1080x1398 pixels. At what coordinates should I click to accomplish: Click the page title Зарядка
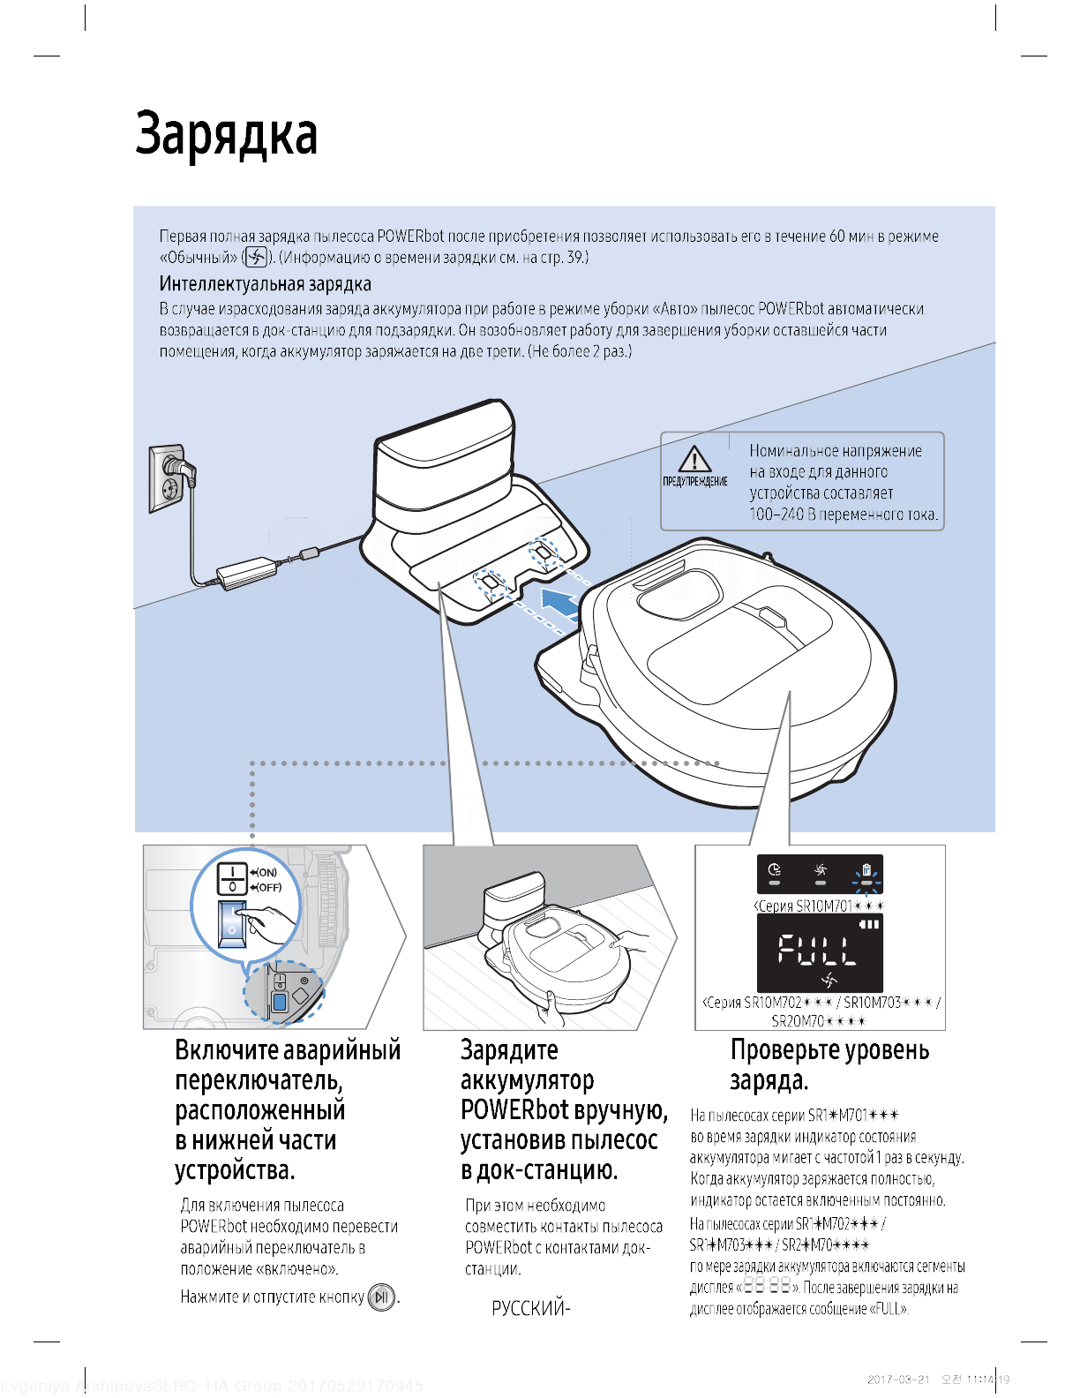tap(226, 135)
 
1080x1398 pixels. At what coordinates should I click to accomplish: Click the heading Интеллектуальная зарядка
tap(265, 284)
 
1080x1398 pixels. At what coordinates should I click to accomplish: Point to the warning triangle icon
tap(695, 460)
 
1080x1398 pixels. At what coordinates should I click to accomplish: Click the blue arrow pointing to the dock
tap(559, 605)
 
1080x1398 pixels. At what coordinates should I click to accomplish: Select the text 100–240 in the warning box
tap(773, 515)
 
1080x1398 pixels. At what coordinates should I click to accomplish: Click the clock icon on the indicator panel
tap(775, 870)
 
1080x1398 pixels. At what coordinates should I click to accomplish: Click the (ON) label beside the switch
tap(266, 873)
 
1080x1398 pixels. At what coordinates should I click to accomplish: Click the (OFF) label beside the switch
tap(268, 887)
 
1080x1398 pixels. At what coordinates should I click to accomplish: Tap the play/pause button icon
tap(381, 1297)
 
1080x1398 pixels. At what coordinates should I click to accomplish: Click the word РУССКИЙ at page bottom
tap(528, 1309)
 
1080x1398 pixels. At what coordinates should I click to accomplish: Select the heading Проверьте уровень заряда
tap(829, 1064)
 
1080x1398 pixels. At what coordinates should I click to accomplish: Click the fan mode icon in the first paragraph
tap(255, 258)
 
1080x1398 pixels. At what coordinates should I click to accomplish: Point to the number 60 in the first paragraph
tap(836, 237)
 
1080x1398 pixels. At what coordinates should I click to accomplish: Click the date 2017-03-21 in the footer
tap(898, 1379)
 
